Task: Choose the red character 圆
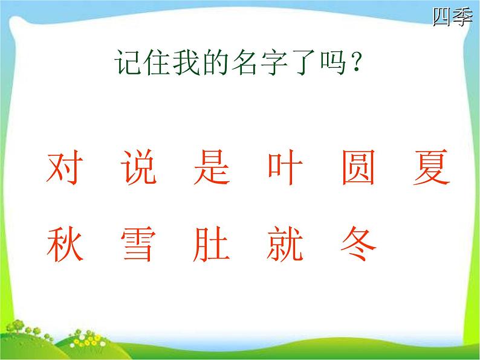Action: [358, 167]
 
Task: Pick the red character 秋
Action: [65, 244]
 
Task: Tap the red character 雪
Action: [138, 244]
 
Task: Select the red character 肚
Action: [212, 244]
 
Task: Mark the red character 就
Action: [285, 244]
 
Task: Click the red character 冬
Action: [358, 243]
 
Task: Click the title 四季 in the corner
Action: [452, 17]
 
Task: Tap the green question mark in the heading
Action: [356, 62]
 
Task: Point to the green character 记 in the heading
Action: [129, 62]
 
